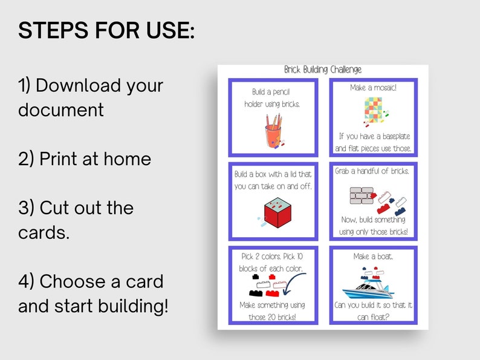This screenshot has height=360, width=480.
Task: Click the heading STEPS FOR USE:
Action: click(106, 30)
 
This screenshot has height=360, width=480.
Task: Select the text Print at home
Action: click(85, 159)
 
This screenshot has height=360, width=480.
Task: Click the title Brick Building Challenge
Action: click(323, 70)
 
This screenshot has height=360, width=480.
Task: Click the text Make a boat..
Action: click(373, 257)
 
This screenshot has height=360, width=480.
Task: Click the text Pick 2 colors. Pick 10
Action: click(273, 257)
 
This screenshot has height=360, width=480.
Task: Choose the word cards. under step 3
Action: click(44, 232)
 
